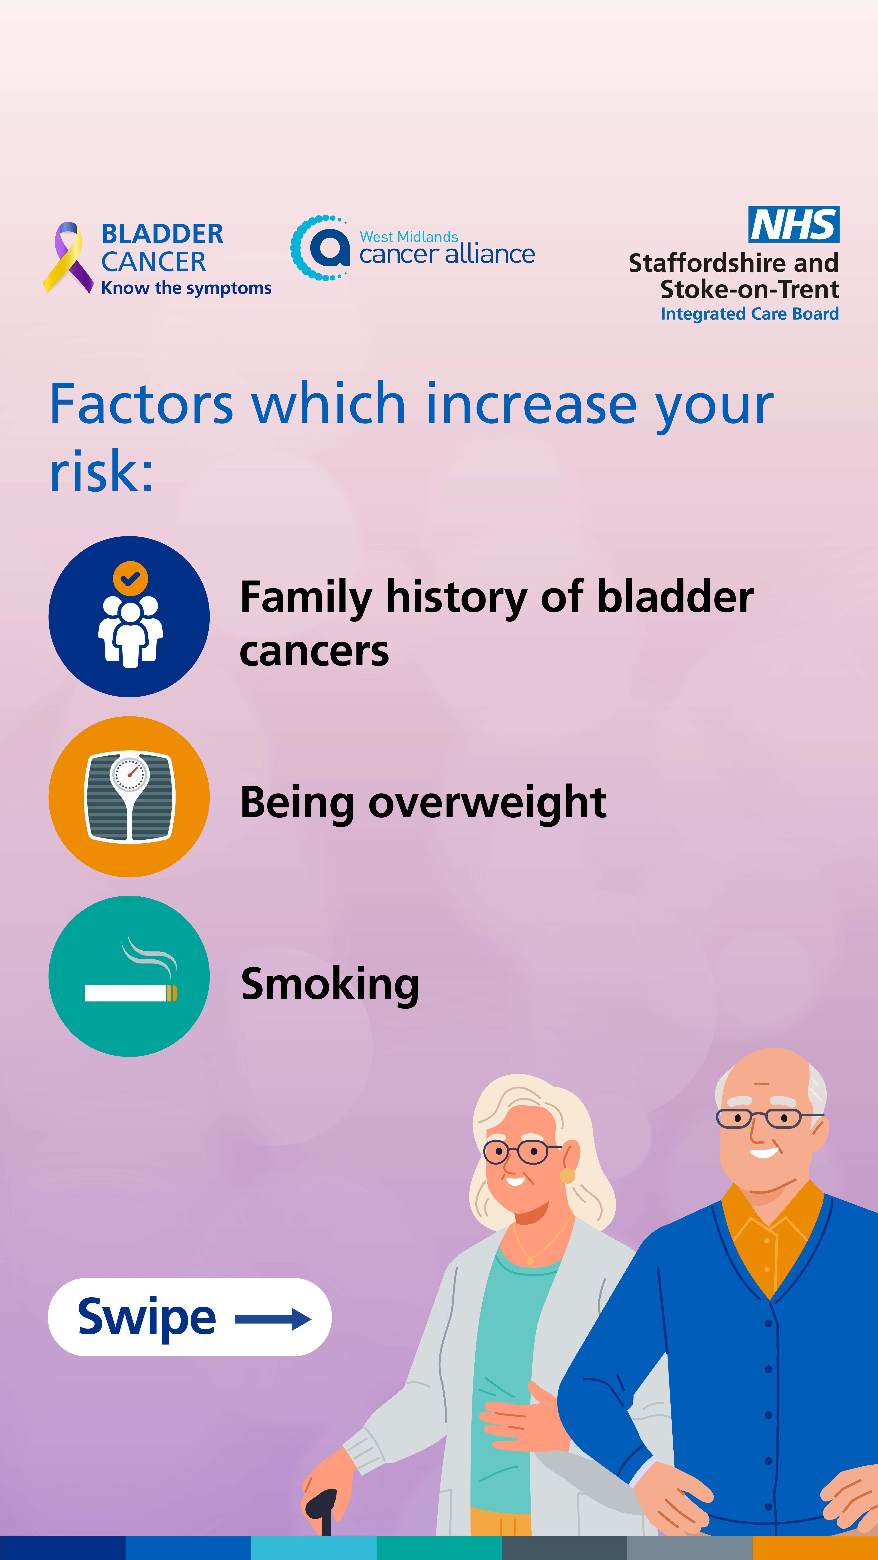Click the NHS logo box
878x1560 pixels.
click(x=794, y=224)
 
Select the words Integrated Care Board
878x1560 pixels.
click(x=749, y=314)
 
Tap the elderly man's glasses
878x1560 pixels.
click(x=766, y=1117)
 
